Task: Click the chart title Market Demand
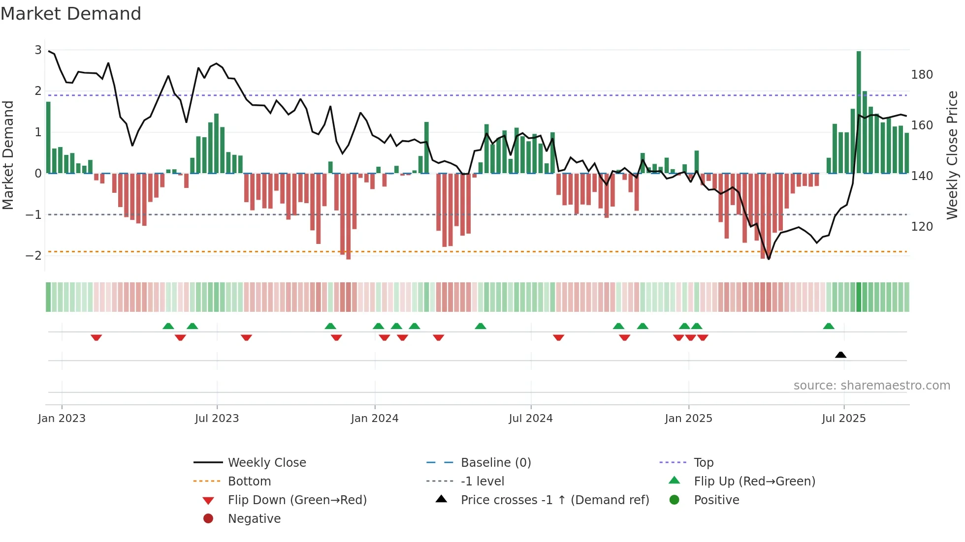71,14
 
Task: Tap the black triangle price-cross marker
840,355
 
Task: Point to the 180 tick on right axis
922,75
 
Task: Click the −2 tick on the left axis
33,255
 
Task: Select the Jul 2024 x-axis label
530,419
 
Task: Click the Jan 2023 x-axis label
62,419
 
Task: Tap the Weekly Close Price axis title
952,155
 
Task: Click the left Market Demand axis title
8,155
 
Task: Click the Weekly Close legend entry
266,463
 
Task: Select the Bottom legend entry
249,482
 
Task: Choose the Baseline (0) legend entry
495,463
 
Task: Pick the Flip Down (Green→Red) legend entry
297,500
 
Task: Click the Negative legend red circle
208,519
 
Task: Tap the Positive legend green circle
675,500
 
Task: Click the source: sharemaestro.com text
871,386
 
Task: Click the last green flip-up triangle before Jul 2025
829,326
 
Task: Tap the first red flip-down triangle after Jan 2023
96,337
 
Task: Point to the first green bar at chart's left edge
48,138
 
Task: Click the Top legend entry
703,463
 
